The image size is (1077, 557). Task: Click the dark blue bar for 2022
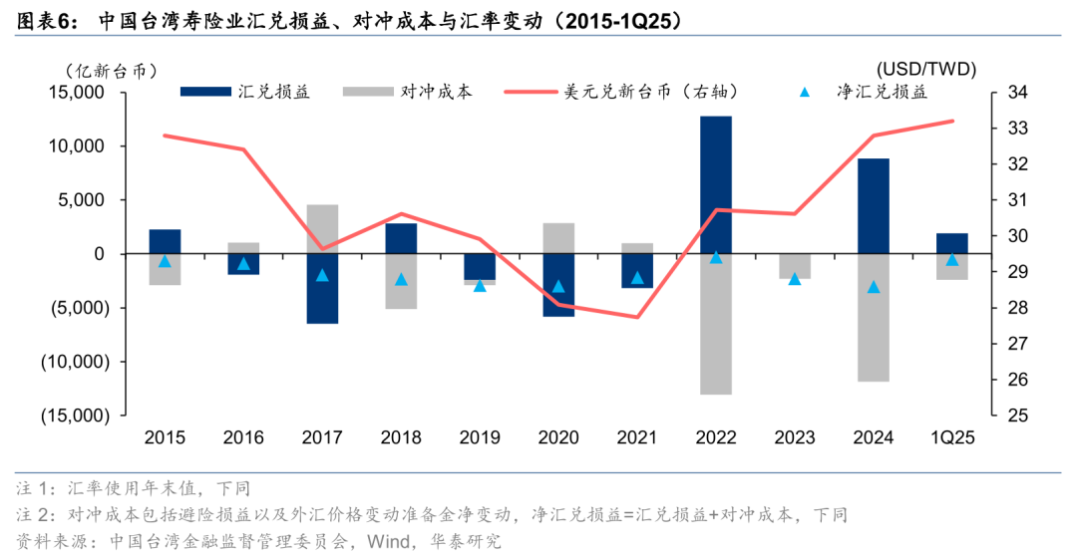tap(716, 184)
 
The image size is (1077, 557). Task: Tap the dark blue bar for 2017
tap(322, 288)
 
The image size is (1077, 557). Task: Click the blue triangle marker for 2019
tap(480, 286)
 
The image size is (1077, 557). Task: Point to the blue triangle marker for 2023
tap(795, 279)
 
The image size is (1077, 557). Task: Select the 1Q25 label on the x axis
tap(951, 436)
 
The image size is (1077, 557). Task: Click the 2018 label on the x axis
tap(401, 436)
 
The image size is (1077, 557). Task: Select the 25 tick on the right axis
tap(1016, 416)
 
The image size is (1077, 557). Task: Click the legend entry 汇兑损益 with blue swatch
tap(245, 92)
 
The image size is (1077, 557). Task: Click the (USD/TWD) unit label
tap(926, 69)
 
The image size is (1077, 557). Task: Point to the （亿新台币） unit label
tap(112, 70)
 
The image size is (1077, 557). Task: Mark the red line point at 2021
tap(637, 317)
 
